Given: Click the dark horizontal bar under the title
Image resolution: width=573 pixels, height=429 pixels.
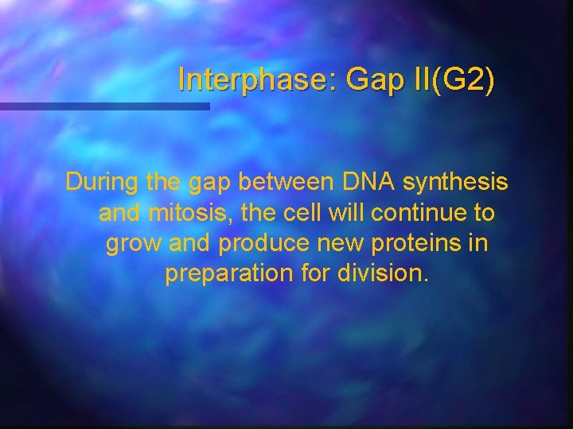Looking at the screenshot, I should (x=104, y=106).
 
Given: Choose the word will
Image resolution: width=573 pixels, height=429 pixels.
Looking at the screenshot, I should (x=349, y=213).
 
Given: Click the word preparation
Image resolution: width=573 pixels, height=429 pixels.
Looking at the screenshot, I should (x=230, y=275).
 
